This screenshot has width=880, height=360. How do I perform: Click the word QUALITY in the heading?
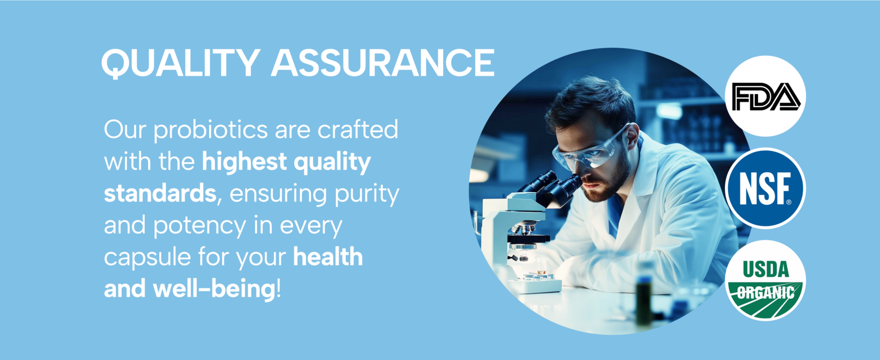point(181,63)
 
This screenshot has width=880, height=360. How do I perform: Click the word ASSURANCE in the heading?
point(383,62)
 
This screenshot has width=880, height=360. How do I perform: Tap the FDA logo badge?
point(765,96)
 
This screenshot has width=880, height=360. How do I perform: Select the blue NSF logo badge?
point(765,188)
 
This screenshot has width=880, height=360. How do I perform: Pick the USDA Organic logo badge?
point(765,281)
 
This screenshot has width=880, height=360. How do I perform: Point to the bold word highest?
point(244,161)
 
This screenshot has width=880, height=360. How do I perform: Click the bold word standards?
point(160,193)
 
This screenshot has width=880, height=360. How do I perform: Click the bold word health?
point(328,257)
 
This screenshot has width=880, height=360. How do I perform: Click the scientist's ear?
point(632,136)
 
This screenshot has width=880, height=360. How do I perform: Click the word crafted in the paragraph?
point(357,129)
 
